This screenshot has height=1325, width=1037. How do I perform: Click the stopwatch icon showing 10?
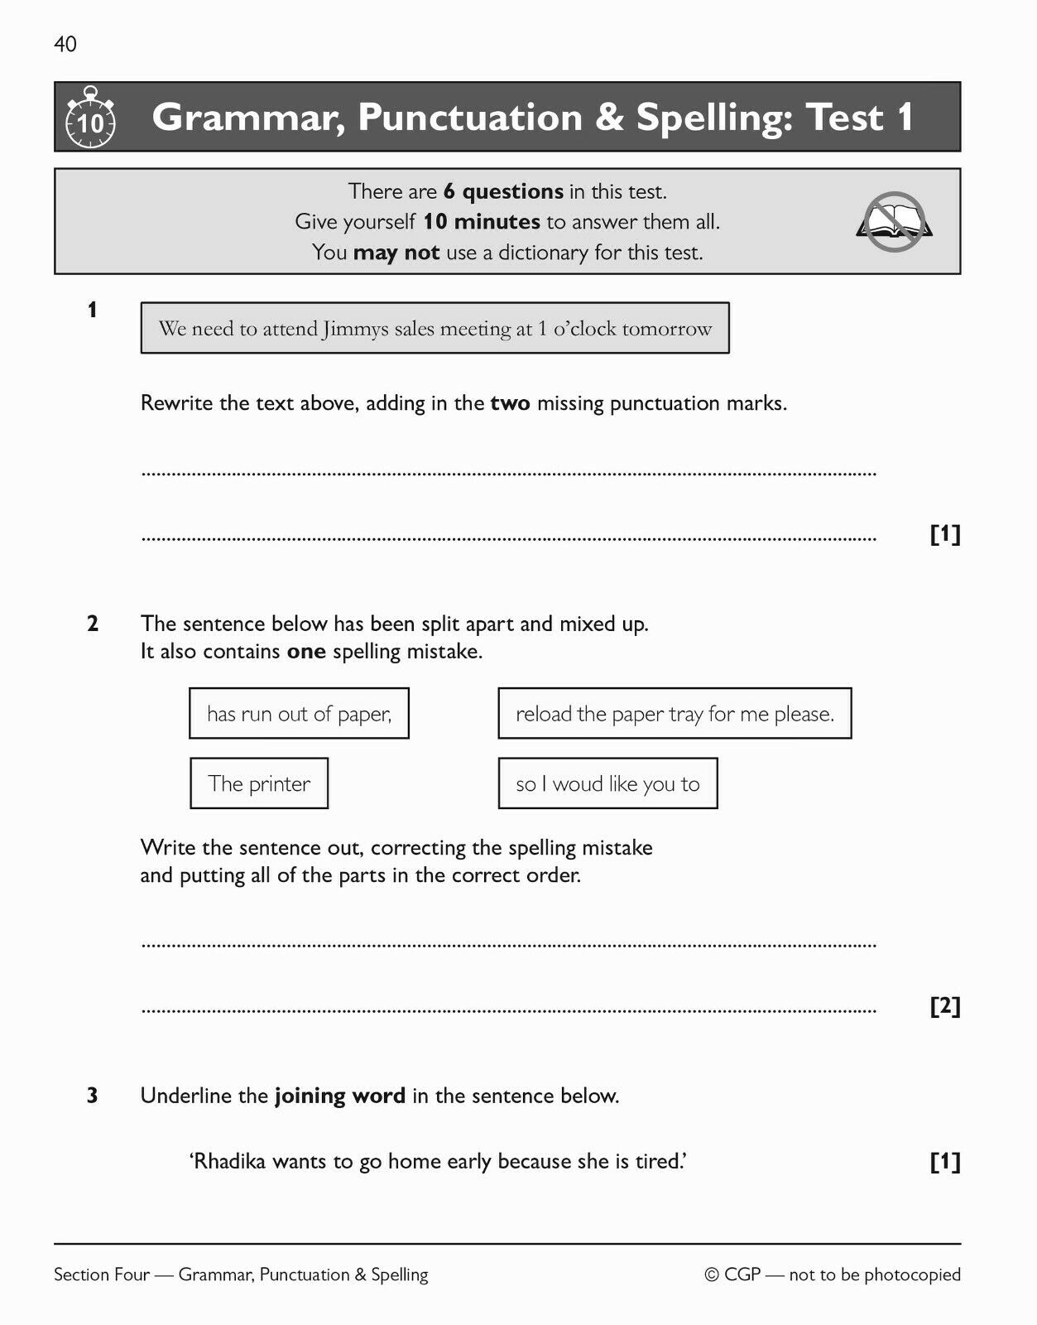tap(90, 119)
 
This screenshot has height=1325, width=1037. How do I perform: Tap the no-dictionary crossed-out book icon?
tap(894, 222)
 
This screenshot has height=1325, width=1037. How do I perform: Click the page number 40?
tap(65, 44)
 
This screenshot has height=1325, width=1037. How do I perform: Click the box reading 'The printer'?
tap(259, 783)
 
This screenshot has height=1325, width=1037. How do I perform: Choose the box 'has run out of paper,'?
tap(299, 714)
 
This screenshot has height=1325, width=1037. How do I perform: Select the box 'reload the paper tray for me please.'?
tap(675, 714)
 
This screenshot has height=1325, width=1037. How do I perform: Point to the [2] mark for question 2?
tap(945, 1006)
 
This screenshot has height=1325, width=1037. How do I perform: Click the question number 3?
tap(92, 1096)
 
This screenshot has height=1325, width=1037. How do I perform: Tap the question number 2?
tap(92, 624)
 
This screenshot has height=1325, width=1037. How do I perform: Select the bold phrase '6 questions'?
tap(503, 191)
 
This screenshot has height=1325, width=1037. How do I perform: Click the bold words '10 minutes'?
tap(482, 222)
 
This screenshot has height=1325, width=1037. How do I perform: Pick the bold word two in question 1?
tap(510, 403)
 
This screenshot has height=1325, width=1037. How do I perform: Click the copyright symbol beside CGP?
tap(712, 1274)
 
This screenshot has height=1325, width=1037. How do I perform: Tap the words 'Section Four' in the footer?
tap(101, 1274)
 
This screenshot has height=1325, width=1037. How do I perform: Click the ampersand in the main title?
tap(608, 117)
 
